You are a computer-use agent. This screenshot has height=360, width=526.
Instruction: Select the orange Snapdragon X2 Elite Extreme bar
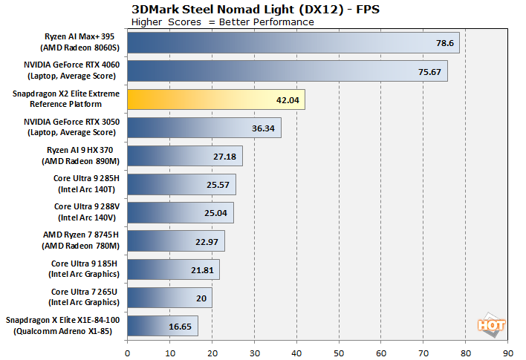pyautogui.click(x=215, y=99)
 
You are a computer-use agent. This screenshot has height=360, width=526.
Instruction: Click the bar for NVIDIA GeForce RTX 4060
pyautogui.click(x=287, y=71)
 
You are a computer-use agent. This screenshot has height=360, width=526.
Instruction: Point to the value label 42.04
pyautogui.click(x=288, y=99)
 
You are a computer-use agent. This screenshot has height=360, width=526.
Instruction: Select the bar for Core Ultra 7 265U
pyautogui.click(x=169, y=297)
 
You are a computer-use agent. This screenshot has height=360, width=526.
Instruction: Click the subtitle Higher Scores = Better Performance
pyautogui.click(x=222, y=22)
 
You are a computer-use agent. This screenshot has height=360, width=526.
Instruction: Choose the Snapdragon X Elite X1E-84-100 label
pyautogui.click(x=65, y=325)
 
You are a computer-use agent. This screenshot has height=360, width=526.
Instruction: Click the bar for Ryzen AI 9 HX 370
pyautogui.click(x=184, y=156)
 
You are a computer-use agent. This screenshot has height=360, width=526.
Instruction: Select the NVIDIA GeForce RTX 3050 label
pyautogui.click(x=75, y=127)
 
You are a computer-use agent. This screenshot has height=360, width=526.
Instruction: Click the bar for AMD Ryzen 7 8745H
pyautogui.click(x=176, y=240)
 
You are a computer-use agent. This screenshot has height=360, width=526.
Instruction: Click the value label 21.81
pyautogui.click(x=204, y=269)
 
